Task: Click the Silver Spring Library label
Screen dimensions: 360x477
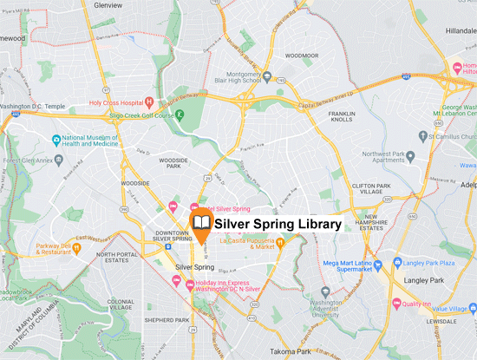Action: click(x=278, y=224)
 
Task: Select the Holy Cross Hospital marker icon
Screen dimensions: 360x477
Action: click(x=149, y=101)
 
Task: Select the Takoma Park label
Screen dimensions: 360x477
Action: click(x=291, y=351)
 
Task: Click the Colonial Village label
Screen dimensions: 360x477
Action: click(x=121, y=305)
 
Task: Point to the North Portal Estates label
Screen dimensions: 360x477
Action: click(x=117, y=259)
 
